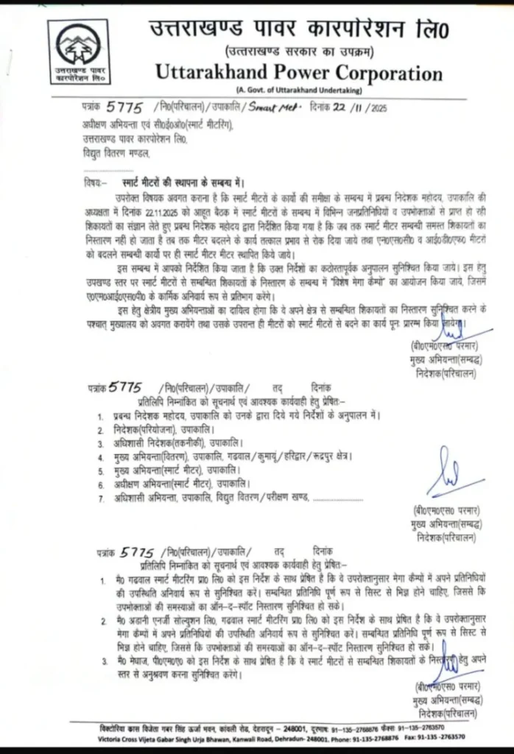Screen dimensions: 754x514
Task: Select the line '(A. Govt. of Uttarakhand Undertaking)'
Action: coord(298,90)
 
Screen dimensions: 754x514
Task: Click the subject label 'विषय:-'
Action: coord(94,180)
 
